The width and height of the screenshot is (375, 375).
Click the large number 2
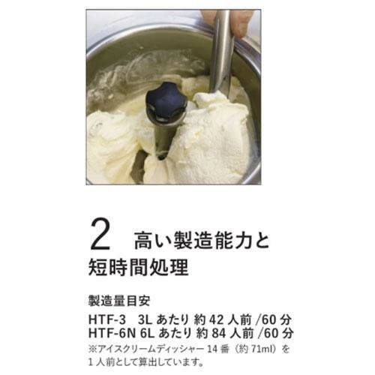point(100,235)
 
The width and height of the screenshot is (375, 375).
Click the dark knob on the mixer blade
point(167,103)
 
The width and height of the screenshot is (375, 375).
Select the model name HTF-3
point(107,319)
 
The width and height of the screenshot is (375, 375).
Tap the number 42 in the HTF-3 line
point(216,319)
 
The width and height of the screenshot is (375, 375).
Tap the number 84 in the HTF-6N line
point(219,333)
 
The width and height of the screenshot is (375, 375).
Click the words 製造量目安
point(119,301)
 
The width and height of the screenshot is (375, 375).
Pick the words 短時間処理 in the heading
point(138,267)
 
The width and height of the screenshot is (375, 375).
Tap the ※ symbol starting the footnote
point(93,349)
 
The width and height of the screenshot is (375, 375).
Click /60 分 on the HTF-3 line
point(275,319)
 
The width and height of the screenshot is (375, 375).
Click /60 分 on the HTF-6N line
point(277,333)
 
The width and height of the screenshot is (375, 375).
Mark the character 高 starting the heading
point(143,240)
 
